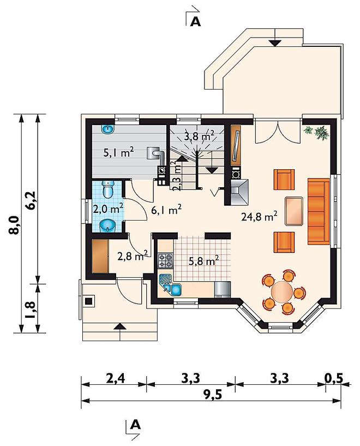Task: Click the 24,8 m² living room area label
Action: pyautogui.click(x=260, y=217)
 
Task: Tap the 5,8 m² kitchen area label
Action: pyautogui.click(x=203, y=260)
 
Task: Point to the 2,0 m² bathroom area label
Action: pyautogui.click(x=108, y=209)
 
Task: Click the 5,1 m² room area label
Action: pyautogui.click(x=118, y=153)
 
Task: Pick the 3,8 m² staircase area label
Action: pyautogui.click(x=199, y=136)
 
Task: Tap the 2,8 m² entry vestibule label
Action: pyautogui.click(x=133, y=256)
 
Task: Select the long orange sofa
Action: pyautogui.click(x=319, y=211)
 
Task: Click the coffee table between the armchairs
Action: pyautogui.click(x=294, y=211)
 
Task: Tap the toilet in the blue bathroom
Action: pyautogui.click(x=107, y=188)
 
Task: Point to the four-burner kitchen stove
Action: pyautogui.click(x=165, y=261)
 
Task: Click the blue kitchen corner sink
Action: pyautogui.click(x=171, y=285)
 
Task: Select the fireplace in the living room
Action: pyautogui.click(x=239, y=192)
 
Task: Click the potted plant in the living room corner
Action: pyautogui.click(x=317, y=132)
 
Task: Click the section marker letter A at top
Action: pyautogui.click(x=195, y=21)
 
